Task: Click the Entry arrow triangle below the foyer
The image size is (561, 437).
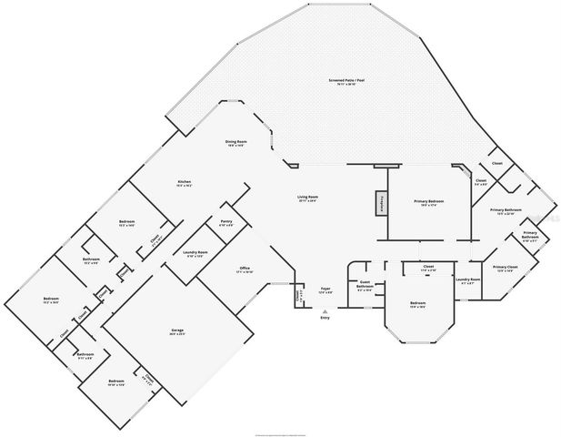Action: (x=325, y=310)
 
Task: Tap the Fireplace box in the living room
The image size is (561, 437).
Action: (x=383, y=202)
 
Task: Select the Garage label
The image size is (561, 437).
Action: (x=178, y=330)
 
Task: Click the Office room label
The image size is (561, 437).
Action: (x=245, y=269)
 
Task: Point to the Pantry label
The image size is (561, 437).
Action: (x=226, y=222)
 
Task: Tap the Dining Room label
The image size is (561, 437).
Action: (x=236, y=143)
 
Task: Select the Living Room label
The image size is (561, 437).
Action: (x=307, y=198)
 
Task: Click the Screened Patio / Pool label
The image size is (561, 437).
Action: (x=346, y=82)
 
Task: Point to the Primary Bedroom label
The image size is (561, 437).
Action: (x=429, y=202)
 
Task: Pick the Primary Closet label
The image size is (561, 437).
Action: (x=506, y=269)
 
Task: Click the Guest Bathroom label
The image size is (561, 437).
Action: (x=366, y=284)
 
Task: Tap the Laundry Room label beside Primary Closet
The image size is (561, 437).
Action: (x=468, y=280)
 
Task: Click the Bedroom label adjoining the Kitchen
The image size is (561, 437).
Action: (x=126, y=223)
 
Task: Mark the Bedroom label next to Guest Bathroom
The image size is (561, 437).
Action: (x=417, y=303)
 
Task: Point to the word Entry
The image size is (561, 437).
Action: (x=325, y=319)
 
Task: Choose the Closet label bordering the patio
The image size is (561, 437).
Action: (x=497, y=164)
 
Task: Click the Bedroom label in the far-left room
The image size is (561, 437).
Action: (x=50, y=300)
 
